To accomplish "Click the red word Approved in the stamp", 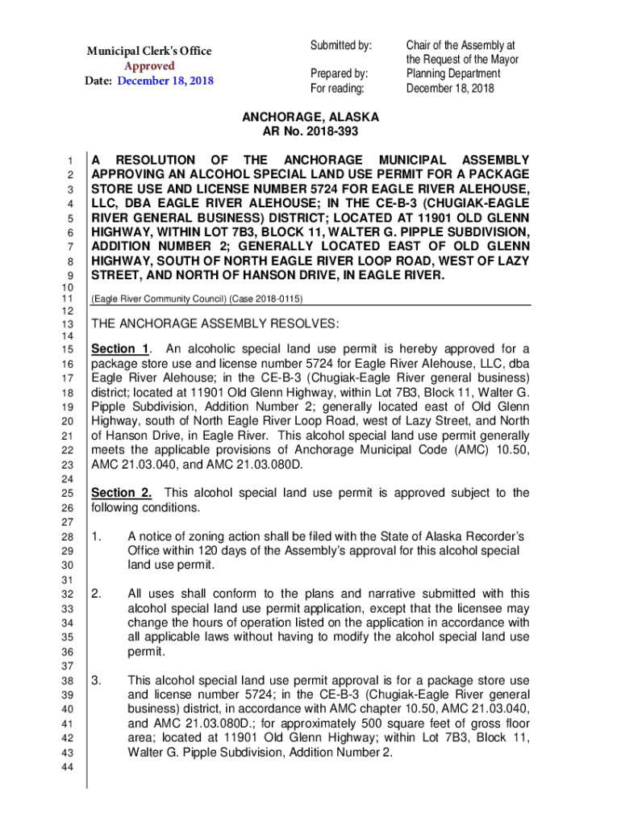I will click(x=150, y=65).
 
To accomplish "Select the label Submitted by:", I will click(x=341, y=44).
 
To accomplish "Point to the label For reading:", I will click(x=337, y=89).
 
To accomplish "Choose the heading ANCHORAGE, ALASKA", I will click(x=310, y=117).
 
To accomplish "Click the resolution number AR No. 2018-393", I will click(x=310, y=131).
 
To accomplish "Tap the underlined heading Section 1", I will click(x=121, y=349).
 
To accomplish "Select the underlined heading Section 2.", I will click(x=122, y=493).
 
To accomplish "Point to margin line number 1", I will click(x=71, y=161).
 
